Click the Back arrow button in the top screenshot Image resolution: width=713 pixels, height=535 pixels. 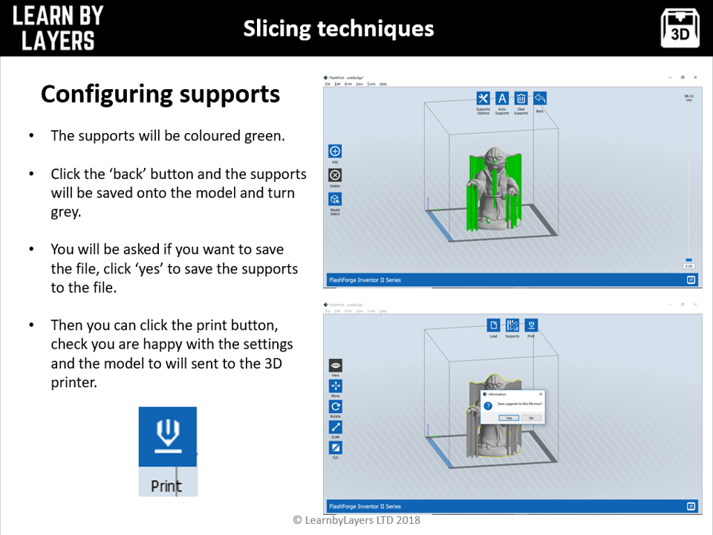(x=540, y=99)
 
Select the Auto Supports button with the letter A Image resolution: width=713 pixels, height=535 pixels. (x=502, y=99)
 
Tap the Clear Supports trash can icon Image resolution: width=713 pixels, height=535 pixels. (x=521, y=99)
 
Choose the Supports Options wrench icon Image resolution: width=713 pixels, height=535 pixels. (x=483, y=99)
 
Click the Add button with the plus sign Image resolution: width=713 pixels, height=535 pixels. (x=335, y=152)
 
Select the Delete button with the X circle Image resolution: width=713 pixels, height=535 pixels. (x=335, y=175)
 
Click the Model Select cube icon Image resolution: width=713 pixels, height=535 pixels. (x=335, y=199)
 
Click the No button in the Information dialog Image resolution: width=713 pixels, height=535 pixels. (x=530, y=418)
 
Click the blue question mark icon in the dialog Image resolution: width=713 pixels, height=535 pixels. (x=488, y=406)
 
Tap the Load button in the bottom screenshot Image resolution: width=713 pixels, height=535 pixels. (x=493, y=325)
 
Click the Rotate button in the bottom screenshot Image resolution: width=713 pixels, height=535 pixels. (x=336, y=407)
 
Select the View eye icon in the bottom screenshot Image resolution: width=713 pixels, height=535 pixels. (x=336, y=366)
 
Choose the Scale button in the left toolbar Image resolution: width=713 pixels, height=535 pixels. (x=336, y=427)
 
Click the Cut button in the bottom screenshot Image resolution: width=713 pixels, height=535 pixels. (x=336, y=448)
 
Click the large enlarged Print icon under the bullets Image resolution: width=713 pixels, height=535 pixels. (x=168, y=437)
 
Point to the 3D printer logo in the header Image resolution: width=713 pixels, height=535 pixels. (x=680, y=28)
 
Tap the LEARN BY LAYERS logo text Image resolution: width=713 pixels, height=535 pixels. (x=58, y=27)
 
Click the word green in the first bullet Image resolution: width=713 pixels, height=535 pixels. (x=263, y=136)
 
